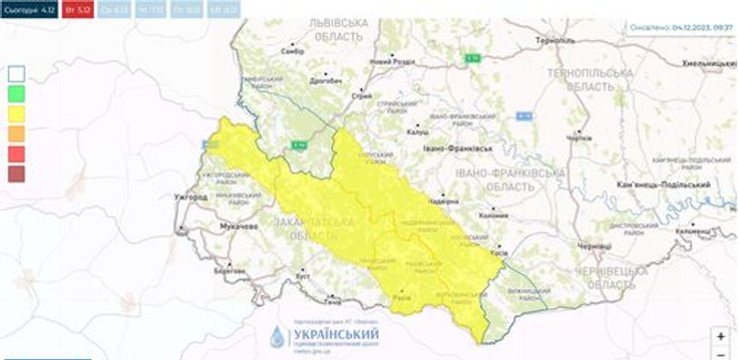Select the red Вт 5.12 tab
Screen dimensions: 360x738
(x=76, y=11)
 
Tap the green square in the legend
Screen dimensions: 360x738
(x=17, y=93)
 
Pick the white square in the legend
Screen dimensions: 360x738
(x=17, y=73)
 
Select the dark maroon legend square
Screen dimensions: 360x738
(x=17, y=174)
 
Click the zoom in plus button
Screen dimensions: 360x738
(x=720, y=337)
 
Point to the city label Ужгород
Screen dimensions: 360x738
(x=189, y=196)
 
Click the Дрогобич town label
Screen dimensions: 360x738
(x=326, y=77)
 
